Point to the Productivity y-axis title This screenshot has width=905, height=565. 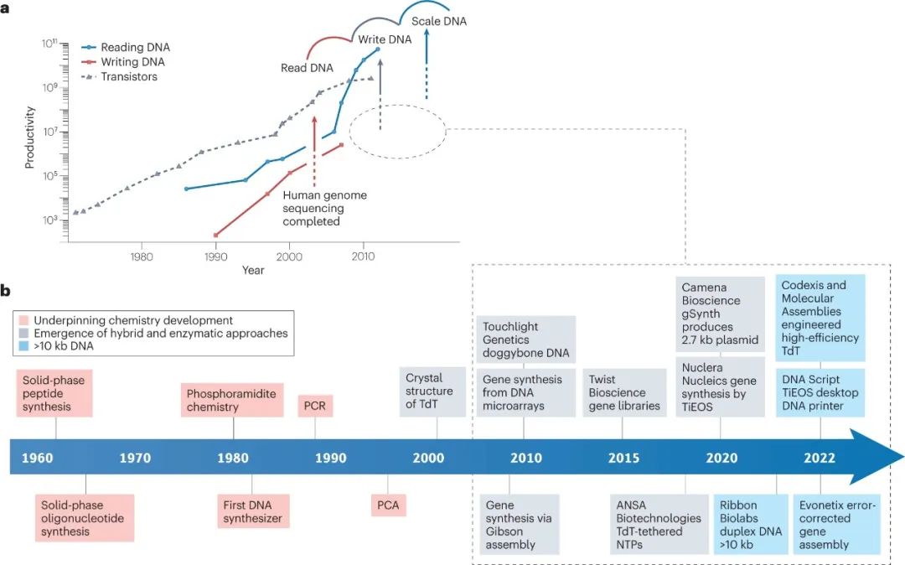tap(30, 137)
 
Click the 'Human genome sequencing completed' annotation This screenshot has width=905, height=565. tap(313, 209)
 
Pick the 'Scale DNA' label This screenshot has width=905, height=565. tap(439, 21)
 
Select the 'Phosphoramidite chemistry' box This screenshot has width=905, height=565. tap(233, 401)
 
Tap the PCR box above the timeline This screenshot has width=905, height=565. tap(315, 407)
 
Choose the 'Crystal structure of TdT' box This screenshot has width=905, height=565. tap(436, 391)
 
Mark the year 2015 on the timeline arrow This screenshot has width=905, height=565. tap(623, 459)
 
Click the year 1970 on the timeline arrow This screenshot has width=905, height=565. tap(135, 459)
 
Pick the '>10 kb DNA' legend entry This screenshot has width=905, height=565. tap(70, 345)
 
